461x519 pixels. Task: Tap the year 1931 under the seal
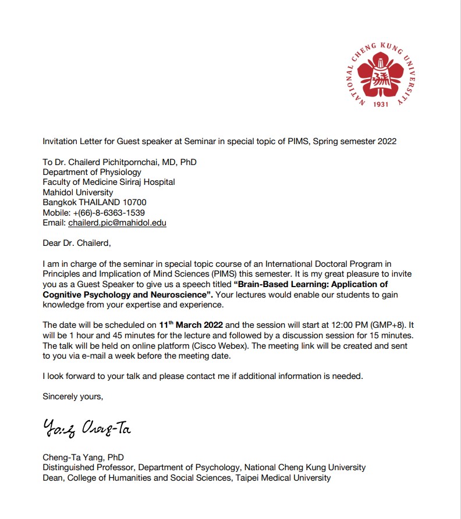380,105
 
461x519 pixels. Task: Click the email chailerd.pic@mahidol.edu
117,223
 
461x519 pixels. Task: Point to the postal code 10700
141,202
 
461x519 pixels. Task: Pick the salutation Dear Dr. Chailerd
76,243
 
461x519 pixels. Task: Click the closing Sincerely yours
73,396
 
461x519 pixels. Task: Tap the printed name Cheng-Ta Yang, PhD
83,457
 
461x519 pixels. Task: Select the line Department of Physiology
92,172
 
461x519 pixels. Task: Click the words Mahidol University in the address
78,192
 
